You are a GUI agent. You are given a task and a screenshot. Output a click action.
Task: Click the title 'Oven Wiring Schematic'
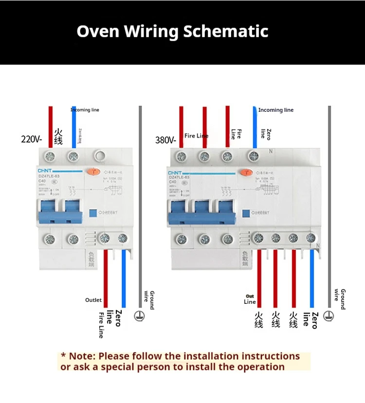(172, 32)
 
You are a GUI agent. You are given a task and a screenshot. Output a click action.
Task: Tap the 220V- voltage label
(32, 140)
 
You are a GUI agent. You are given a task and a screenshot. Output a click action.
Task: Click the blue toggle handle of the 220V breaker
(58, 211)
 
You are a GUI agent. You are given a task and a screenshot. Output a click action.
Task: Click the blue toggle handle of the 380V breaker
(201, 212)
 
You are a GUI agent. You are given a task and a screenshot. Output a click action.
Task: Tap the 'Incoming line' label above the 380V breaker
(275, 110)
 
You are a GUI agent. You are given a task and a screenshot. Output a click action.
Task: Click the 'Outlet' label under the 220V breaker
(93, 300)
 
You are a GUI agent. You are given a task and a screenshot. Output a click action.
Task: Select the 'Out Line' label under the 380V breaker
(250, 299)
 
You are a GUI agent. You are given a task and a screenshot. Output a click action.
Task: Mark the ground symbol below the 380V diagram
(329, 315)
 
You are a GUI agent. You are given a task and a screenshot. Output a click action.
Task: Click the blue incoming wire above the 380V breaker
(255, 126)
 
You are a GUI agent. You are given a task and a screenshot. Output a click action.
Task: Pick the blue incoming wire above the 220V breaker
(74, 126)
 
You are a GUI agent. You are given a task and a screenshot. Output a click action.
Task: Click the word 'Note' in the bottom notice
(81, 356)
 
